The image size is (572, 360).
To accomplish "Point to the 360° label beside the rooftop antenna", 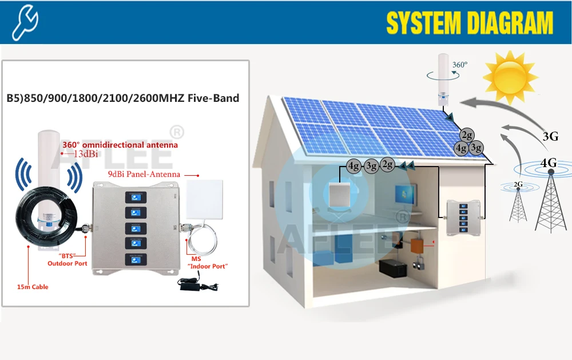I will click(x=459, y=65).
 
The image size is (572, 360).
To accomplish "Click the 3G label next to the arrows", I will click(x=550, y=136).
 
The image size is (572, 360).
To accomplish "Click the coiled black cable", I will click(x=40, y=217).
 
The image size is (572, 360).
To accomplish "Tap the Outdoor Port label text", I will click(x=67, y=263).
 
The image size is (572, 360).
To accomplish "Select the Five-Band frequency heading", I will click(x=122, y=98).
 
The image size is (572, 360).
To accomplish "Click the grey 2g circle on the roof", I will click(x=468, y=135).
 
